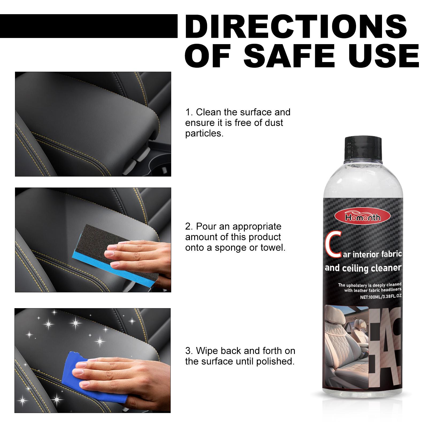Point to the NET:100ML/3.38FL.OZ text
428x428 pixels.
[x=381, y=296]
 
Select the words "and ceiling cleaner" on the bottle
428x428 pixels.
[x=363, y=268]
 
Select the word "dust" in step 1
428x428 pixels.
[x=274, y=123]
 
